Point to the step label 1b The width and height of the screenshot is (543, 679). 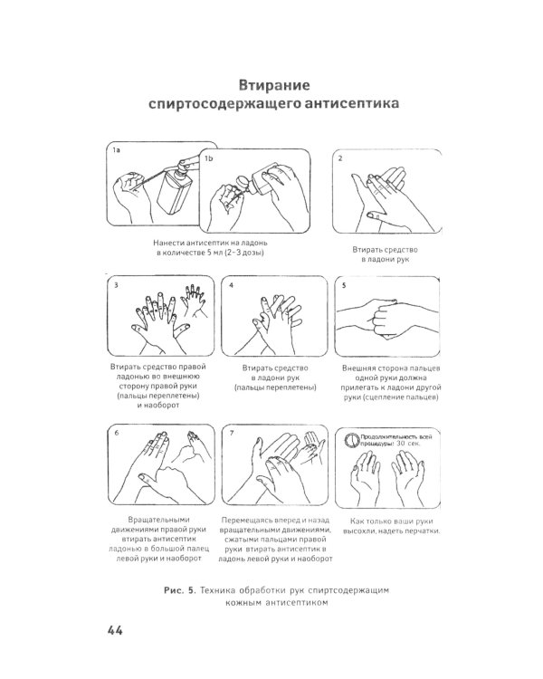click(208, 158)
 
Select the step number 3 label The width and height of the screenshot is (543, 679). click(117, 284)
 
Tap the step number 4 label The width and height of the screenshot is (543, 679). click(232, 284)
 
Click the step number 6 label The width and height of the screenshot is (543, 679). click(117, 434)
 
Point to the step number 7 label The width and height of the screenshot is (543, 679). click(232, 434)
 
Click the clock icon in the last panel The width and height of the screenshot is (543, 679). click(352, 441)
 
